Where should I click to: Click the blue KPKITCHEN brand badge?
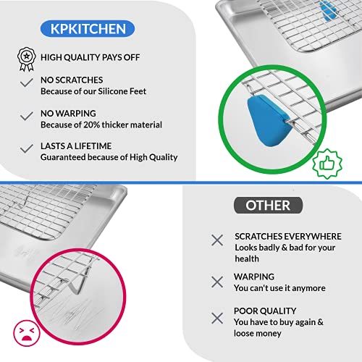point(88,29)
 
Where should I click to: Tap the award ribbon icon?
point(27,59)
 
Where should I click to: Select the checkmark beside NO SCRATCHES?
point(27,83)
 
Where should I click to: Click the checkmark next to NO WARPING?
point(27,116)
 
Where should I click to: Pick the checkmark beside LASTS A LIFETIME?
point(27,148)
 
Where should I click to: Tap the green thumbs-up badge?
point(327,164)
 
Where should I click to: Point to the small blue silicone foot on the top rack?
point(329,10)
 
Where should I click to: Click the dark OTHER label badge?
point(268,206)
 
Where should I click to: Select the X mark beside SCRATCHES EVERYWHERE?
point(217,240)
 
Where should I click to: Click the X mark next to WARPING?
point(217,282)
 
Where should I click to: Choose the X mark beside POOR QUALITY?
point(217,318)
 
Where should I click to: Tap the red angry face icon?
point(27,333)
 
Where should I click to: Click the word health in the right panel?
point(247,258)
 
